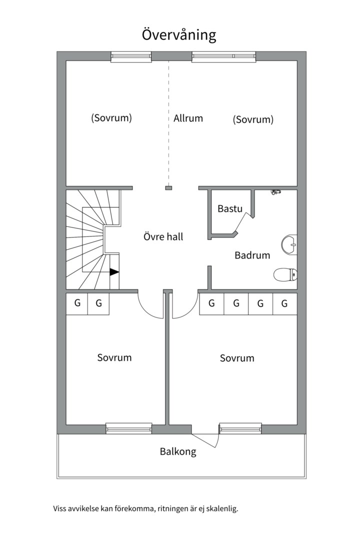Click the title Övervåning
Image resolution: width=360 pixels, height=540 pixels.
tap(179, 35)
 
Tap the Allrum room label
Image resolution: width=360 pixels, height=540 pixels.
tap(188, 118)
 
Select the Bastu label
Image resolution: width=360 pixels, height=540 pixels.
tap(230, 208)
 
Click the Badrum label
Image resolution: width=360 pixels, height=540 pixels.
tap(252, 255)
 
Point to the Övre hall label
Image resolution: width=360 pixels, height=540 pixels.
tap(163, 236)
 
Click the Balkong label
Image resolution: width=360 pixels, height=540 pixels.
tap(178, 452)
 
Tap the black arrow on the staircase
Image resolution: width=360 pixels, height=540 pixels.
tap(114, 272)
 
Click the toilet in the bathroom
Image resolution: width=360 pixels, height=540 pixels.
tap(285, 273)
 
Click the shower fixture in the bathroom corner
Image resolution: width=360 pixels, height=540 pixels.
tap(276, 191)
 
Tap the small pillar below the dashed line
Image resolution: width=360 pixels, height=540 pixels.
tap(168, 188)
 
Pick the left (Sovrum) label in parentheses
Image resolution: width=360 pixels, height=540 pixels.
tap(111, 118)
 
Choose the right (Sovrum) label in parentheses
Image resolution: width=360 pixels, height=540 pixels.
tap(253, 120)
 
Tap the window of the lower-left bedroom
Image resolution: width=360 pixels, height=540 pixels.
tap(129, 428)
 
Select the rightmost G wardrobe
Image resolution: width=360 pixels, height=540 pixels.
tap(285, 303)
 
